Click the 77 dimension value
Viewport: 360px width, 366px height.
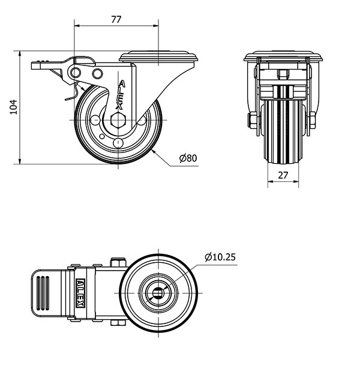(116, 19)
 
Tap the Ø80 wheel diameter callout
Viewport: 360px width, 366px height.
(188, 158)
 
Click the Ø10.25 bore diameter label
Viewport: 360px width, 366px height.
(220, 257)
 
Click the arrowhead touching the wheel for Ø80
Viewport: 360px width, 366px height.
(155, 152)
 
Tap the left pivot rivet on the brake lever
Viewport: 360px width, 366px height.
(76, 73)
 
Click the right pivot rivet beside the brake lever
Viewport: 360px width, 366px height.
(97, 73)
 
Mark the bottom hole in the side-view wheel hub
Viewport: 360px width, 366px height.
(118, 142)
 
